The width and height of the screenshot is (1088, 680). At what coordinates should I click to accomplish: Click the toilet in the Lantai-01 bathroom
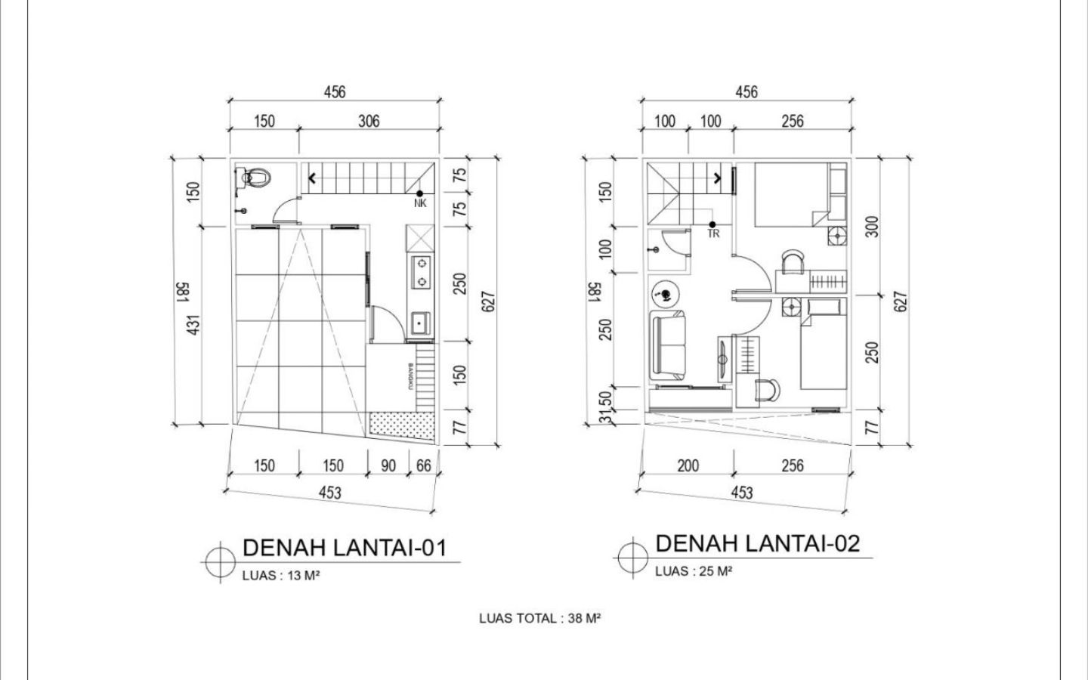pyautogui.click(x=253, y=178)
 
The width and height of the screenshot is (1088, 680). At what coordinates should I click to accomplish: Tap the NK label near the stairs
pyautogui.click(x=420, y=203)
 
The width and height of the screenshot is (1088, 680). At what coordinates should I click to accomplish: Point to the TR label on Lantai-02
pyautogui.click(x=713, y=233)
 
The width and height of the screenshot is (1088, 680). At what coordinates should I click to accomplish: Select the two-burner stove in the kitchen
pyautogui.click(x=421, y=272)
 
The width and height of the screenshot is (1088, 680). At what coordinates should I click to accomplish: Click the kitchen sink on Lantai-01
pyautogui.click(x=419, y=323)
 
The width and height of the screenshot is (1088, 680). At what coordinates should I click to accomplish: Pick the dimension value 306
pyautogui.click(x=369, y=121)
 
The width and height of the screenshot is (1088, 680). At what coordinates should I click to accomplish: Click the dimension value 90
pyautogui.click(x=388, y=465)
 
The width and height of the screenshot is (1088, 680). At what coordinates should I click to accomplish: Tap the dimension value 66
pyautogui.click(x=424, y=465)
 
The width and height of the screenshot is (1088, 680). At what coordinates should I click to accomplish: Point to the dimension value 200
pyautogui.click(x=688, y=465)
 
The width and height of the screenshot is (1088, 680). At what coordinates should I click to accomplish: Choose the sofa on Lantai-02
pyautogui.click(x=668, y=345)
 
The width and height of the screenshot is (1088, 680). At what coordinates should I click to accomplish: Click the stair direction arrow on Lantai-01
pyautogui.click(x=312, y=178)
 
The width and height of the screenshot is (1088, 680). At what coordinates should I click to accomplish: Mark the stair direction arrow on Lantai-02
pyautogui.click(x=718, y=178)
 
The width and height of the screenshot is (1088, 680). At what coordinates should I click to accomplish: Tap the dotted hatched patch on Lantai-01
pyautogui.click(x=402, y=426)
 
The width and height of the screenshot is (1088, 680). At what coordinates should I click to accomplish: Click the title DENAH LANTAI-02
pyautogui.click(x=758, y=543)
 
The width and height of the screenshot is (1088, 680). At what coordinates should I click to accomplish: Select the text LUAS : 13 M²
pyautogui.click(x=281, y=576)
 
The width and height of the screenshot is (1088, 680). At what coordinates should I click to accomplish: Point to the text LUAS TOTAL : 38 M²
pyautogui.click(x=539, y=618)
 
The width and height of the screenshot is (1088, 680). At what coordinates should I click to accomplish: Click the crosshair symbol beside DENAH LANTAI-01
pyautogui.click(x=221, y=562)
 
